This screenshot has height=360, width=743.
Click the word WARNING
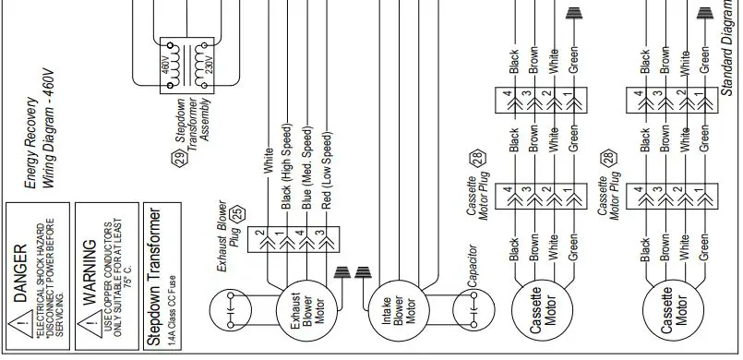click(89, 264)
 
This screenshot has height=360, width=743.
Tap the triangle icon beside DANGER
click(20, 325)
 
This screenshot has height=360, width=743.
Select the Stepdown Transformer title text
click(155, 278)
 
